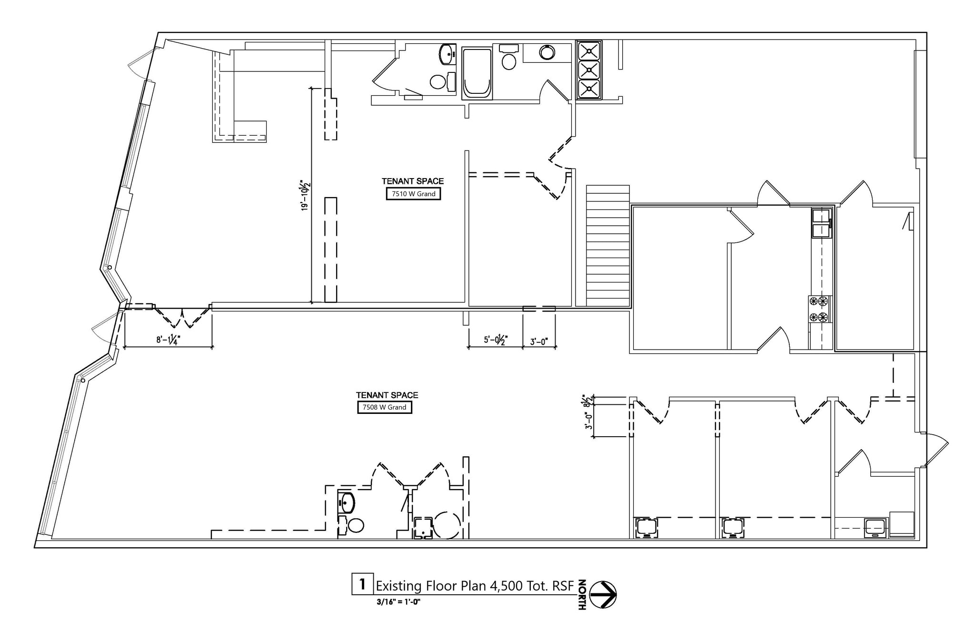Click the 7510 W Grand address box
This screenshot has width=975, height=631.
[x=413, y=194]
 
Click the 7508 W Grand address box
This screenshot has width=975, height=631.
[x=384, y=407]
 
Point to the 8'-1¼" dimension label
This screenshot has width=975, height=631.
[x=168, y=340]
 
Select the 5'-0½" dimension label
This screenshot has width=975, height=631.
[x=496, y=340]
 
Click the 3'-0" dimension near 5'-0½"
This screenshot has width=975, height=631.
[x=539, y=341]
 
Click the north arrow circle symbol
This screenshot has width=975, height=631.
[x=603, y=594]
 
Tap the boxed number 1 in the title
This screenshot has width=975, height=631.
[x=362, y=584]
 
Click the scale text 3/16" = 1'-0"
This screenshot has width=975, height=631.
[x=398, y=601]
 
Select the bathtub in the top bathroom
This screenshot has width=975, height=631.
[x=477, y=72]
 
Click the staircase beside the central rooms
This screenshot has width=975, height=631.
[x=607, y=245]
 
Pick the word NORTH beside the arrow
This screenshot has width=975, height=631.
[x=582, y=594]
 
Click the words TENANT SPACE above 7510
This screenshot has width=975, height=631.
[x=412, y=181]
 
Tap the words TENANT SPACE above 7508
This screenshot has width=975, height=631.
[x=387, y=395]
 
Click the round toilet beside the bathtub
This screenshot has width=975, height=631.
[x=509, y=62]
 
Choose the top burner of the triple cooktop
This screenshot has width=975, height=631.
[x=589, y=50]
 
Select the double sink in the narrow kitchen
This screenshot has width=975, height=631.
[x=821, y=224]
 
